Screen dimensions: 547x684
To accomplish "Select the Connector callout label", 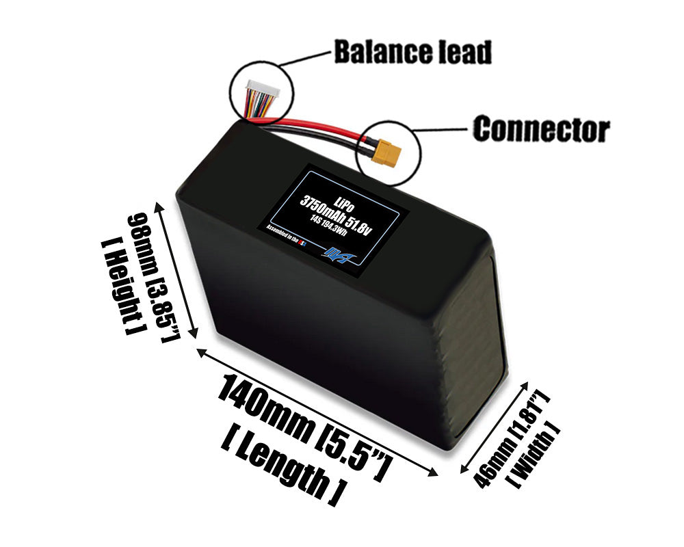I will [x=541, y=129].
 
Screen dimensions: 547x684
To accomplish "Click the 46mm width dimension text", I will [x=501, y=438].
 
